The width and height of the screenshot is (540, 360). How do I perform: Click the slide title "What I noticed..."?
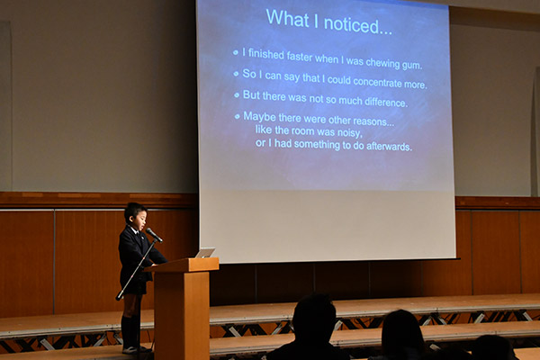pos(328,22)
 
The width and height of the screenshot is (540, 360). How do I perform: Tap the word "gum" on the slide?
pos(411,65)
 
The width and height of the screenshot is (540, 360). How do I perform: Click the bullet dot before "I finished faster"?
pos(236,53)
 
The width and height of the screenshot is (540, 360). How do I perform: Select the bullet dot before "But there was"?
pos(237,94)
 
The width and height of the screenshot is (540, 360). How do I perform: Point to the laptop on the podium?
pos(205,253)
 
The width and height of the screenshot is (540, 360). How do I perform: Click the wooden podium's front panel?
pos(182,313)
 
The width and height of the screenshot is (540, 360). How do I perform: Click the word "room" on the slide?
pos(302,131)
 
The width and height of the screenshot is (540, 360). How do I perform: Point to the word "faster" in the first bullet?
pos(300,57)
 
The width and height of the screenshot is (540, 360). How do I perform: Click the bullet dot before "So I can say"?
pos(236,74)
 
